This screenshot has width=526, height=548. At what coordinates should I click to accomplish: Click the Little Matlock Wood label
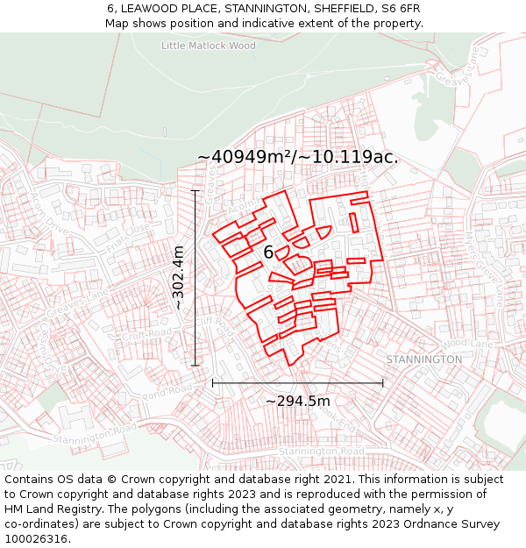209,46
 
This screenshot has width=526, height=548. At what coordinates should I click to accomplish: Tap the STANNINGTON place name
423,359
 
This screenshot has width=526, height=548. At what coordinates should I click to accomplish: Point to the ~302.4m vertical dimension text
178,278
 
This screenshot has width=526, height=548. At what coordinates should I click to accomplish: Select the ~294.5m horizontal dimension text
297,401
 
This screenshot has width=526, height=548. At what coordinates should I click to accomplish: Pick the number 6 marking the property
268,253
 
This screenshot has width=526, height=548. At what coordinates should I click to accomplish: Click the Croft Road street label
144,335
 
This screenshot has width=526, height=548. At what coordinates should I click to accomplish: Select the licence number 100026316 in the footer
37,538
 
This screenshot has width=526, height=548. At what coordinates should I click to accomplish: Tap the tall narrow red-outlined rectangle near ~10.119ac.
353,222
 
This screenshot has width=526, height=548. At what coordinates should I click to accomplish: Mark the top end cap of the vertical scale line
195,190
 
